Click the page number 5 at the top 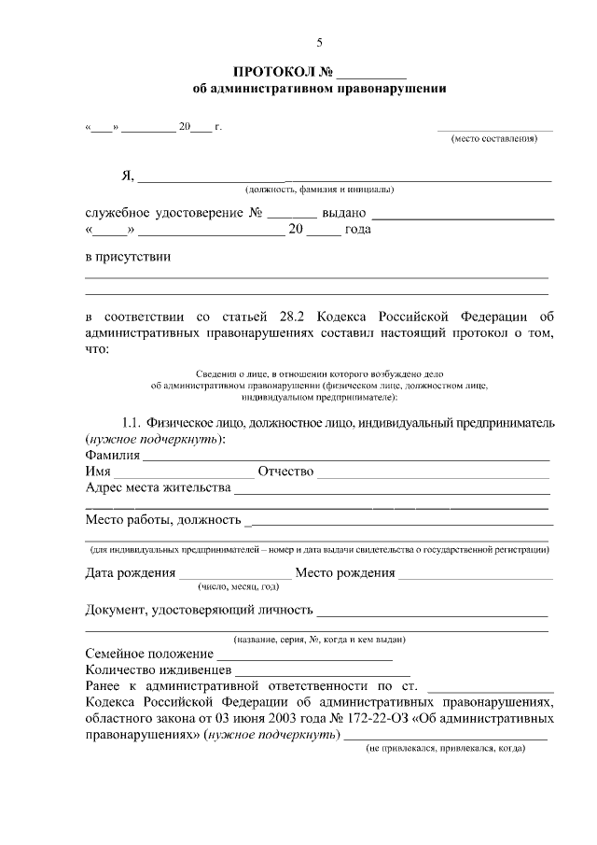pos(320,43)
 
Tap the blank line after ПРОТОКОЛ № pos(371,73)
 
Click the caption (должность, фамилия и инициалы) pos(313,190)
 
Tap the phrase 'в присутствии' pos(128,256)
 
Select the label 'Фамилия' pos(112,455)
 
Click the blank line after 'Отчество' pos(433,472)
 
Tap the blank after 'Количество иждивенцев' pos(323,670)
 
